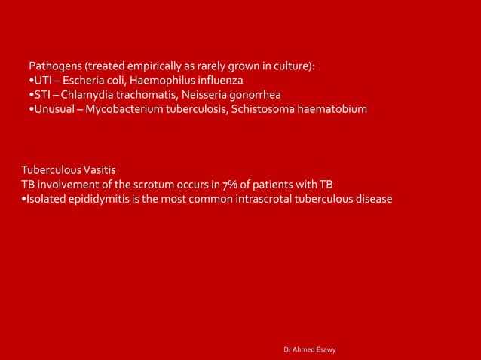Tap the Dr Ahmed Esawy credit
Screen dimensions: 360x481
(x=310, y=350)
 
